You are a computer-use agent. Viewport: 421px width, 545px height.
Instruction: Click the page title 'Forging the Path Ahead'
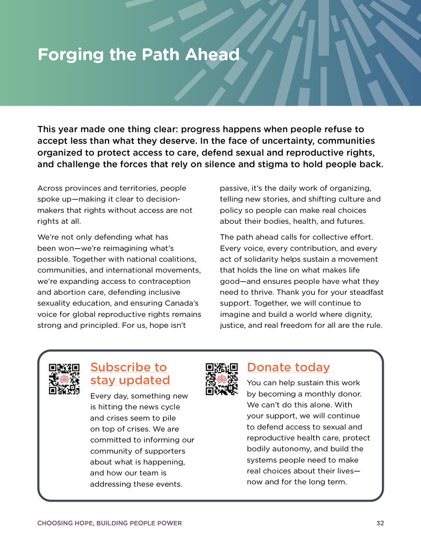[x=139, y=55]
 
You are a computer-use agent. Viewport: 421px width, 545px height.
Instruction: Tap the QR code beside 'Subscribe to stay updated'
[x=64, y=379]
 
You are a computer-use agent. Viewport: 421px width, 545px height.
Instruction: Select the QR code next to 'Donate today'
[x=221, y=379]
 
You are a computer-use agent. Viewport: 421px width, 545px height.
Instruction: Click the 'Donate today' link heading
[x=288, y=367]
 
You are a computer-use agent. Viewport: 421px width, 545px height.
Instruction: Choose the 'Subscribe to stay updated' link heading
[x=130, y=374]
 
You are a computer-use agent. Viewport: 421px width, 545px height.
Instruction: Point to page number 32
[x=380, y=523]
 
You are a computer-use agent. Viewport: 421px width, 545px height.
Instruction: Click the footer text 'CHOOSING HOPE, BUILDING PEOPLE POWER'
[x=109, y=523]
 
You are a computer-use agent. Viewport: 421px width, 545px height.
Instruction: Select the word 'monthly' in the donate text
[x=320, y=394]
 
